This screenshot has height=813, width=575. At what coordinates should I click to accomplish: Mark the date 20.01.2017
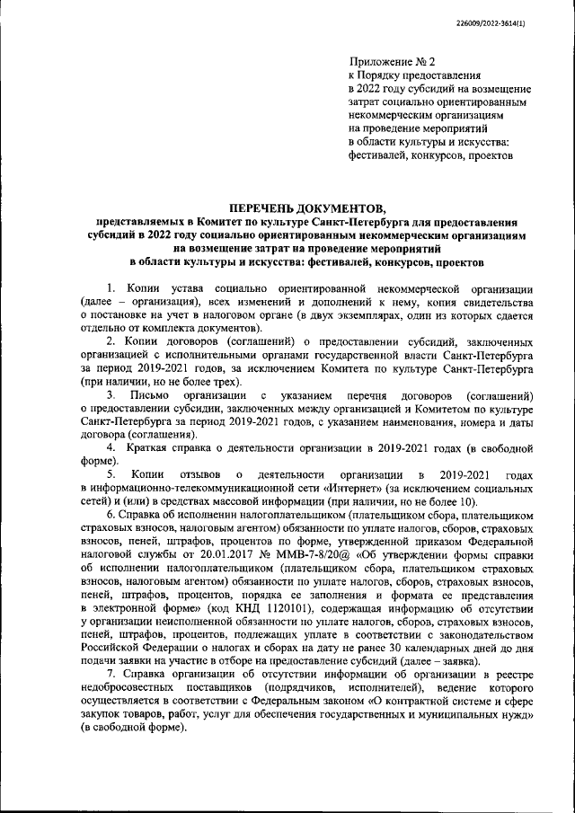click(218, 553)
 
